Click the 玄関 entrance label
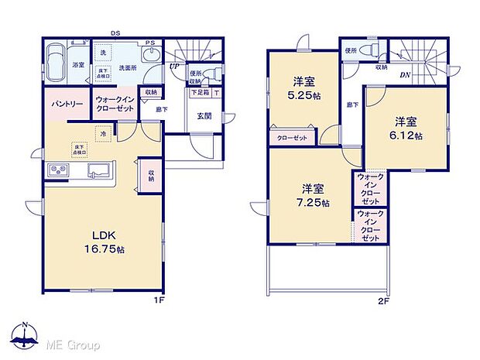click(x=204, y=117)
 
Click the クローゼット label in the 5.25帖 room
click(x=292, y=138)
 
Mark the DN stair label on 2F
click(x=405, y=75)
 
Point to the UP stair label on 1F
click(x=175, y=67)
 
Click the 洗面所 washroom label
click(x=127, y=68)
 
